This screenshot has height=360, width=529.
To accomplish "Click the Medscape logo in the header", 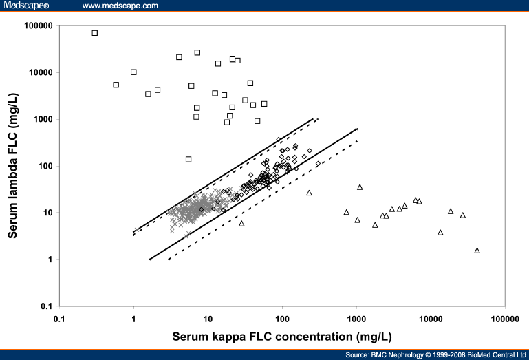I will [x=26, y=6].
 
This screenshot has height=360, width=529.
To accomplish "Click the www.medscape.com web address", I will [x=120, y=6].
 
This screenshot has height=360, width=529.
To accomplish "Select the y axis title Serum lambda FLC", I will [x=13, y=165].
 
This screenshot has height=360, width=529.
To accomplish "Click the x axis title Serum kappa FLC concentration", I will [x=282, y=337].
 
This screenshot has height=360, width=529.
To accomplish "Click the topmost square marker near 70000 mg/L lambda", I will [x=95, y=33].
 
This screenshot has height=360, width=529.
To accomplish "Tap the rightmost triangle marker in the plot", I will [x=477, y=251].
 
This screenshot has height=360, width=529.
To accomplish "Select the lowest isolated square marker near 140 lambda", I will [x=188, y=159].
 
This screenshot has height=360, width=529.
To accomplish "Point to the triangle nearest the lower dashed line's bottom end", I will [x=241, y=223].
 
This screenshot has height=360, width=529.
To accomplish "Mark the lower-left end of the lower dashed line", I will [x=169, y=260].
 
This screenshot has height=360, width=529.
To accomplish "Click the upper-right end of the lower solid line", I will [x=356, y=129].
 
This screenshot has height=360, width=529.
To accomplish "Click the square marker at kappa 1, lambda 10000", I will [x=133, y=72].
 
